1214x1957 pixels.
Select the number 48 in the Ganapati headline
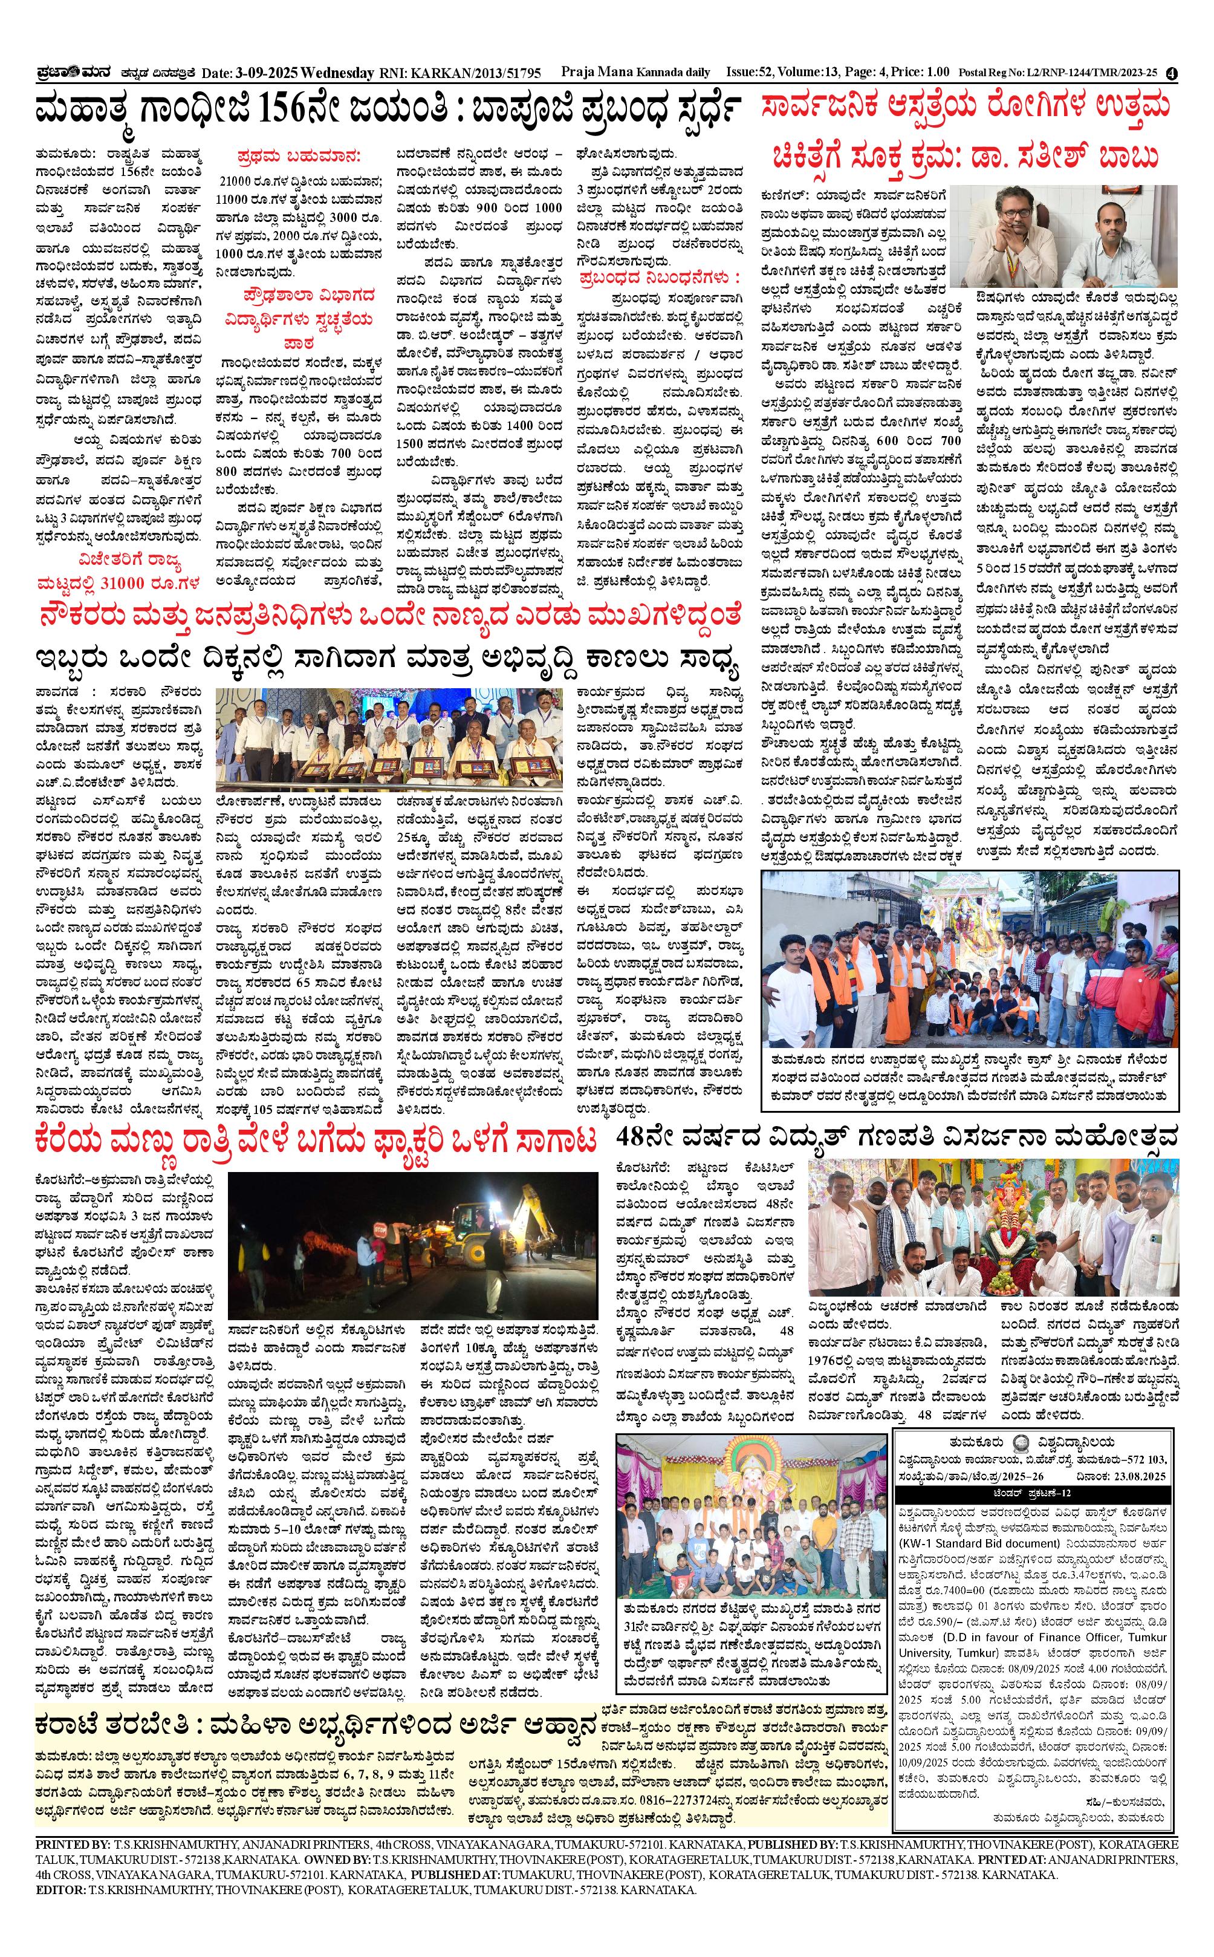tap(638, 1137)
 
